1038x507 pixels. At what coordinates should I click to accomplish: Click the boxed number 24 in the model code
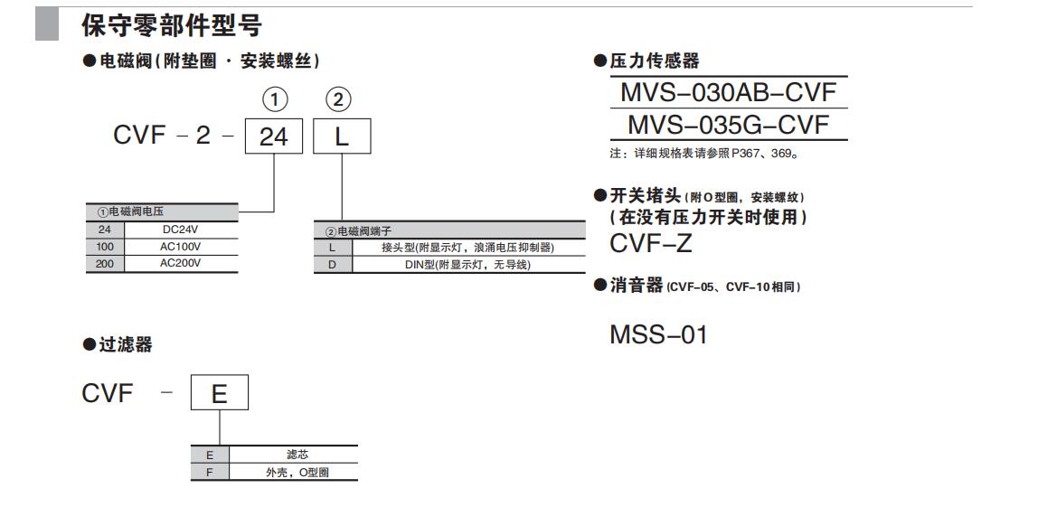[273, 137]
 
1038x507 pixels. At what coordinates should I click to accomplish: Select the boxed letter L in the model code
[341, 137]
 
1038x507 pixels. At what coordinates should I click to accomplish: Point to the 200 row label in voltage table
[104, 263]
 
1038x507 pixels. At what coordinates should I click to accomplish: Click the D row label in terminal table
[332, 265]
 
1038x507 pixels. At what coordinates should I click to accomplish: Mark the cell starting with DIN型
[467, 265]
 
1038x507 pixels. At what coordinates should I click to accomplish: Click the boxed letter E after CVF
[219, 394]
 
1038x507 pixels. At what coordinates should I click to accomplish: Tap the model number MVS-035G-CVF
[728, 125]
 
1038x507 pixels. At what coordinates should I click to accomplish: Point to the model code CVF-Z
[651, 243]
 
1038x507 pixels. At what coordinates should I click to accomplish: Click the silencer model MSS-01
[658, 335]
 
